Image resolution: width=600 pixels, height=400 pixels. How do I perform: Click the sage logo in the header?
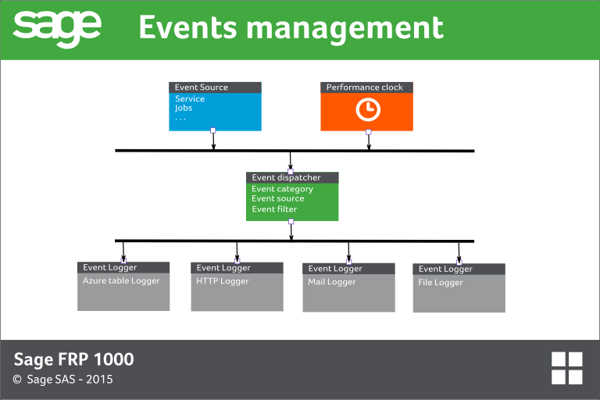57,29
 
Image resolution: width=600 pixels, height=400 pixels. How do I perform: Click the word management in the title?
345,29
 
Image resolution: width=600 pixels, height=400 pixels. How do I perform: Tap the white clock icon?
368,110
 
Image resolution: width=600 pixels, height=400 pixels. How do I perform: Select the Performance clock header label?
364,87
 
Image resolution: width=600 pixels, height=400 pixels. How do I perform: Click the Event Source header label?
202,87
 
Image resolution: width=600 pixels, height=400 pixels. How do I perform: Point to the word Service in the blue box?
190,98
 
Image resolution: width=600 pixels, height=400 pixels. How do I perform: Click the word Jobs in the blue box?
184,109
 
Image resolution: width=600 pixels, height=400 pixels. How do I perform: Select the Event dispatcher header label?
286,177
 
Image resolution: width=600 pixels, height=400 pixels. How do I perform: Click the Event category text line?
282,189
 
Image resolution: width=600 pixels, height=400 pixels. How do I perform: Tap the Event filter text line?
274,209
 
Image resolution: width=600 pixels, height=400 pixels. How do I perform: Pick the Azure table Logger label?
121,281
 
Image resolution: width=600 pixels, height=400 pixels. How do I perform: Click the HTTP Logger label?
223,281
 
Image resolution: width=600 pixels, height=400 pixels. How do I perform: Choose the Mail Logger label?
332,282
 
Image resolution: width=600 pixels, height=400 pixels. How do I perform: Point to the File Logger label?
441,283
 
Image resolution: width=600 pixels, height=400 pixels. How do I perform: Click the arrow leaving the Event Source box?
213,140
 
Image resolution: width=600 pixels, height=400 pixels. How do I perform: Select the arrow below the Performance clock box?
369,141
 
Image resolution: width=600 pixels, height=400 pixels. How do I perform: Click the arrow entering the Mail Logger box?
348,252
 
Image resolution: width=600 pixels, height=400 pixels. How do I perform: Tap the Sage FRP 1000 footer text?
74,359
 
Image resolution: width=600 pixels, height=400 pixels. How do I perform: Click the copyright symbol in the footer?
17,380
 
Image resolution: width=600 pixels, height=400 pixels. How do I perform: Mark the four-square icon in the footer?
566,368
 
